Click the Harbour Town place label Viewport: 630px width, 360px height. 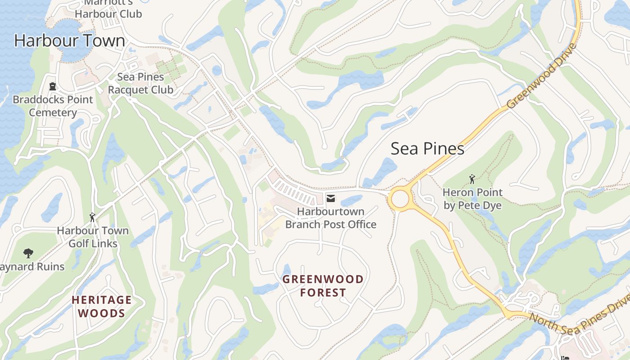pos(70,40)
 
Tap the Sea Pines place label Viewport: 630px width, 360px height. pos(427,148)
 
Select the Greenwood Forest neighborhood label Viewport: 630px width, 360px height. pos(323,286)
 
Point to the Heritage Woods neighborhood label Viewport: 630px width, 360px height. pos(102,306)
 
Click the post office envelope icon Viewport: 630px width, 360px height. pos(331,198)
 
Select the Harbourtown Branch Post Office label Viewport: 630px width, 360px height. pos(331,217)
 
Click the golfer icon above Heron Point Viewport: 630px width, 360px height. pos(472,180)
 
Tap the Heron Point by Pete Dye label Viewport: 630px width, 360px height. pos(472,199)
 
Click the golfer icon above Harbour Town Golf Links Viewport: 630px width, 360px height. pos(93,217)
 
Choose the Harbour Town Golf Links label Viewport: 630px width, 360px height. pos(93,237)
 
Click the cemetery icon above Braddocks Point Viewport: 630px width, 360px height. pos(53,86)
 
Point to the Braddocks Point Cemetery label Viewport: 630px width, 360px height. pos(53,106)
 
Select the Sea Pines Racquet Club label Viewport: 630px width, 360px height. pos(140,83)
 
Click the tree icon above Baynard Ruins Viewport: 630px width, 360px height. pos(28,253)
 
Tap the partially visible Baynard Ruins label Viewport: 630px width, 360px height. pos(32,267)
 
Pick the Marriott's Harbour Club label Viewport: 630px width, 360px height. pos(108,9)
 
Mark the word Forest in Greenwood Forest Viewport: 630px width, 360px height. pos(323,292)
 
